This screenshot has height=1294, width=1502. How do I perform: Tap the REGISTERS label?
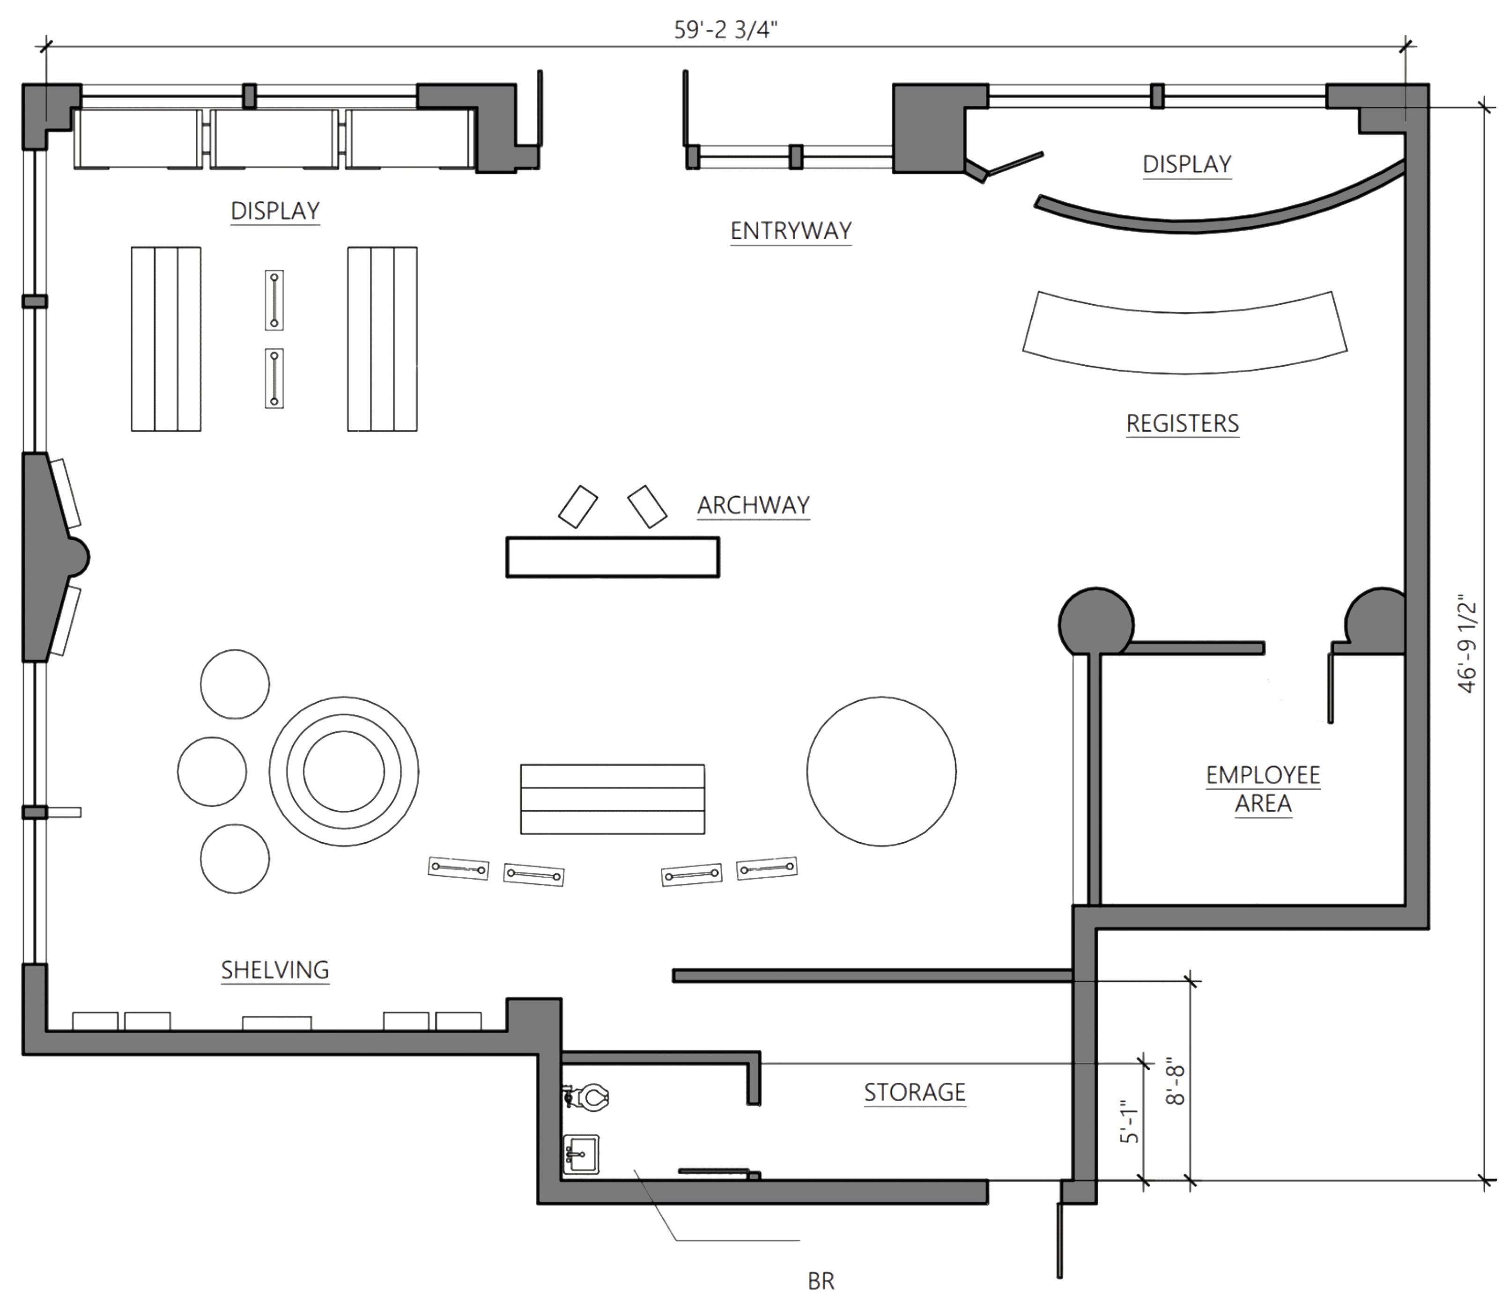[1182, 423]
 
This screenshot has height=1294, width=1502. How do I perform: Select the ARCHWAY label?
[753, 505]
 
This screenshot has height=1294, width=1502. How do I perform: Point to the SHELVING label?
[275, 970]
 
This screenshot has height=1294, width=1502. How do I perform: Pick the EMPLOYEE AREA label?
[1263, 789]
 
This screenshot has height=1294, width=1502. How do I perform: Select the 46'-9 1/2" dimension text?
[1466, 645]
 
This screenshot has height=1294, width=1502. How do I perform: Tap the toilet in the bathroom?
[589, 1097]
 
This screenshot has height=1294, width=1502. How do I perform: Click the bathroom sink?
[581, 1154]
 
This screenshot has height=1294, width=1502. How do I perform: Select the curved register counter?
[1184, 333]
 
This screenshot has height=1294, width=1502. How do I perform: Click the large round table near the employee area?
[881, 771]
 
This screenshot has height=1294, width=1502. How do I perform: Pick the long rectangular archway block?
[613, 557]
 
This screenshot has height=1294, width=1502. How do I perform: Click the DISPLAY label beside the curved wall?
[1187, 164]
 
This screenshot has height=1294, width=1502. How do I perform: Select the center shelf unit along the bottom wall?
[276, 1022]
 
